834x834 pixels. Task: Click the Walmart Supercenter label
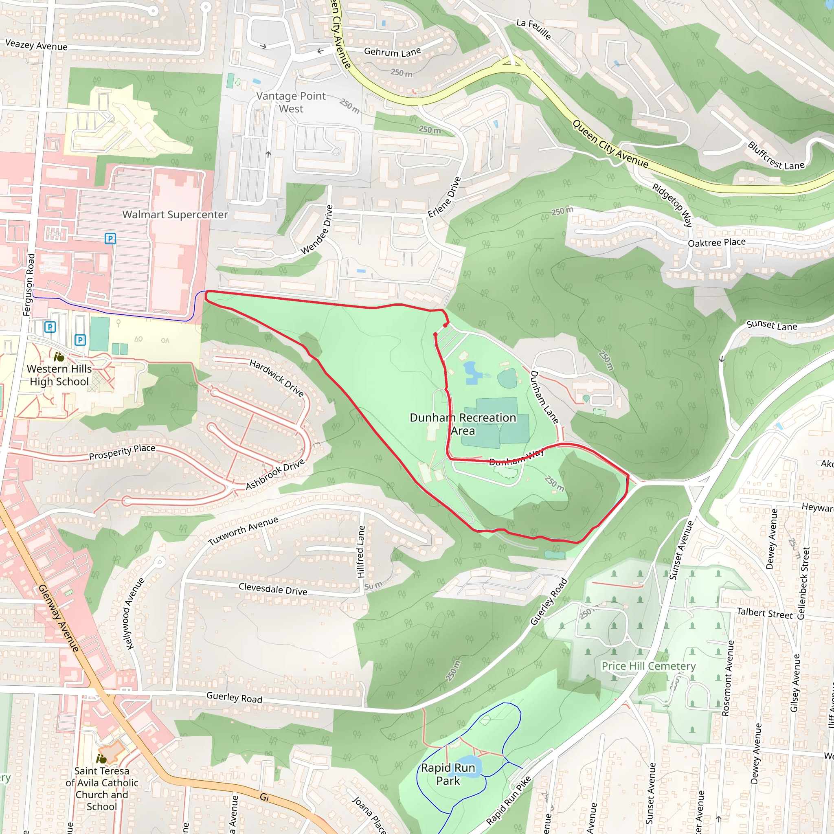pyautogui.click(x=175, y=215)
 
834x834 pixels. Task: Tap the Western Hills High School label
pyautogui.click(x=59, y=375)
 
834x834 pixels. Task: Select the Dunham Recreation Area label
pyautogui.click(x=463, y=424)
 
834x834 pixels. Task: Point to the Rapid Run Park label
pyautogui.click(x=448, y=774)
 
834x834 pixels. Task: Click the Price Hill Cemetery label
pyautogui.click(x=648, y=666)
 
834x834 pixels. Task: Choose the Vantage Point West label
pyautogui.click(x=291, y=102)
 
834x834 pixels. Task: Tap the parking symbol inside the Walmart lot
pyautogui.click(x=110, y=238)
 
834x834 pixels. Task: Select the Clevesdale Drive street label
pyautogui.click(x=273, y=589)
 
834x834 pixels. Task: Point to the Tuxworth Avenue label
pyautogui.click(x=243, y=531)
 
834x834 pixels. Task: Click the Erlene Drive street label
pyautogui.click(x=444, y=197)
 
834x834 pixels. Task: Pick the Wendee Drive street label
pyautogui.click(x=317, y=229)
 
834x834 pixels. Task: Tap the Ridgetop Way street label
pyautogui.click(x=672, y=204)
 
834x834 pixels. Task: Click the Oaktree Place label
pyautogui.click(x=717, y=242)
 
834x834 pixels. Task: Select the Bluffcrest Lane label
pyautogui.click(x=776, y=156)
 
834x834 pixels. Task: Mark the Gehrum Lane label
pyautogui.click(x=393, y=52)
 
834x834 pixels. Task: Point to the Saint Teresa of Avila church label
pyautogui.click(x=102, y=788)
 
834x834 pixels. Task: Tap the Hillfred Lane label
pyautogui.click(x=361, y=551)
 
